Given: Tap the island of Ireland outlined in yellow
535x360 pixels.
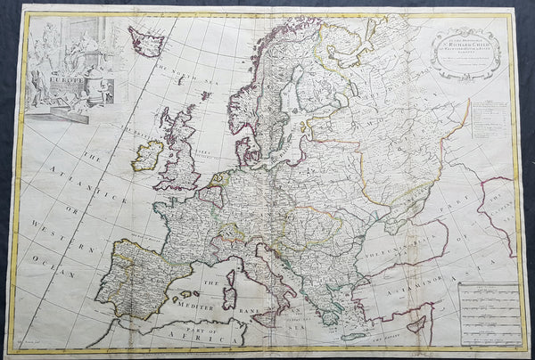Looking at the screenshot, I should click(x=147, y=157).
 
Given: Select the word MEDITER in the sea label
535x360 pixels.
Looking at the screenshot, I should click(x=212, y=302).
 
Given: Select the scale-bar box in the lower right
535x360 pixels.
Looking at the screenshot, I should click(x=488, y=311).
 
